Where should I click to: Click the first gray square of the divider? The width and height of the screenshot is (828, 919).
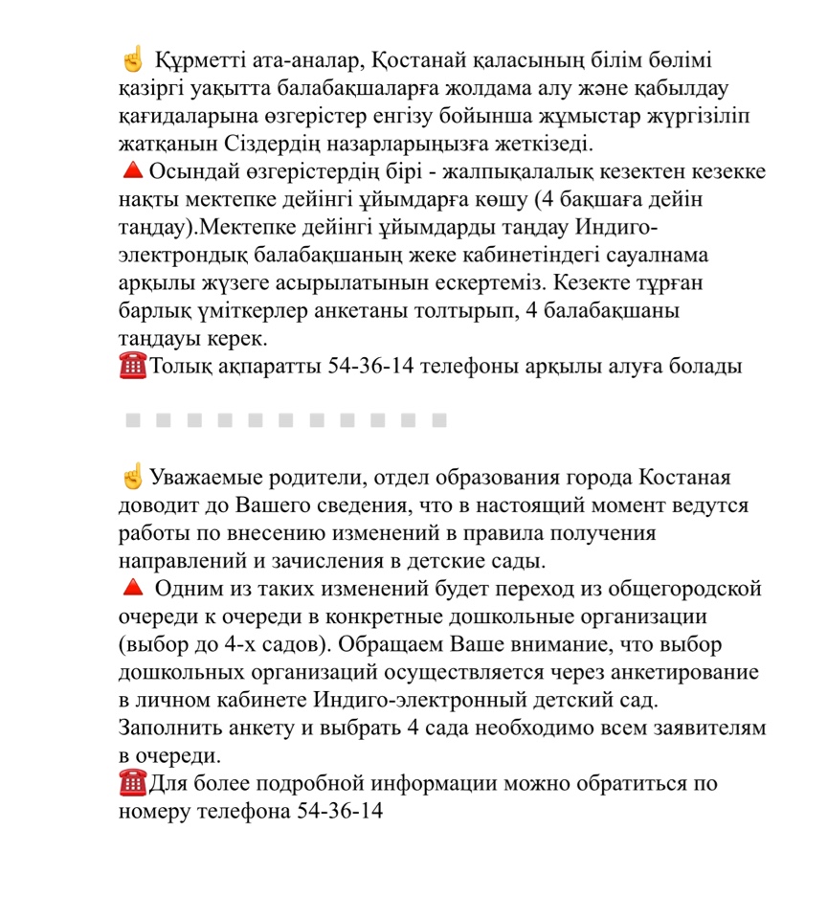pyautogui.click(x=133, y=419)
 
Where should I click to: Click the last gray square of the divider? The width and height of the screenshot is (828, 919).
pyautogui.click(x=439, y=419)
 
